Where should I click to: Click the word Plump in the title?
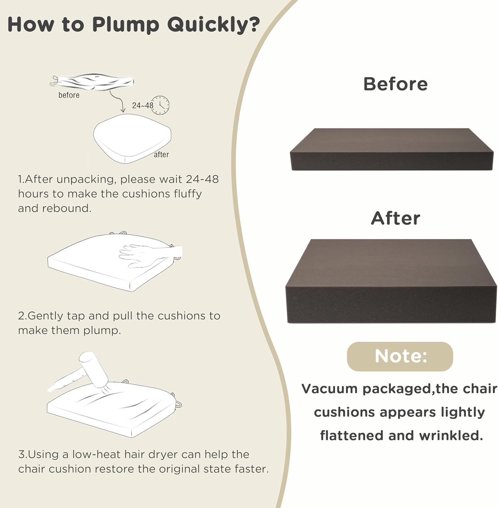125,25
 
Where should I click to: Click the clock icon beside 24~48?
160,105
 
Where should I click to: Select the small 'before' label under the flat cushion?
69,95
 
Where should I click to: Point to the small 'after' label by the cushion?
161,154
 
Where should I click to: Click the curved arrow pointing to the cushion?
117,101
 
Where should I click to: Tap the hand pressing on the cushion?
151,254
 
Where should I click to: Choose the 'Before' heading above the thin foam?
395,84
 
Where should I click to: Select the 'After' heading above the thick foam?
396,218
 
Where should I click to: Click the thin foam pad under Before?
392,149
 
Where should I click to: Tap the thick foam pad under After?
391,281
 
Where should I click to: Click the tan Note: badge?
400,356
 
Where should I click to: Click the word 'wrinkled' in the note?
451,436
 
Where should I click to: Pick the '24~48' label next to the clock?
143,105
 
